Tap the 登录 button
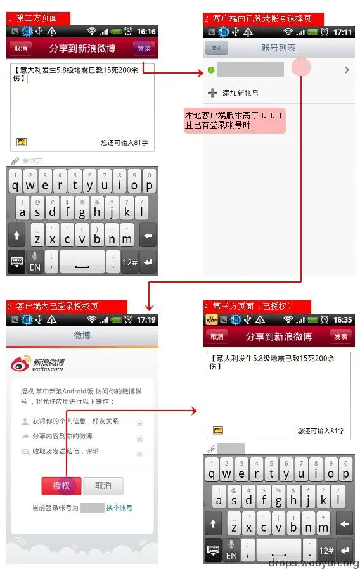click(144, 48)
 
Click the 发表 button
click(340, 336)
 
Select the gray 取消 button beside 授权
click(103, 485)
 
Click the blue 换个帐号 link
click(119, 508)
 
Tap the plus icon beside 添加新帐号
click(212, 93)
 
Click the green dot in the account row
click(210, 70)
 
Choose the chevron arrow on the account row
click(347, 70)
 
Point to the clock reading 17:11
click(343, 32)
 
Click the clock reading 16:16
click(146, 32)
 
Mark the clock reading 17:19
click(146, 320)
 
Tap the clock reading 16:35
click(343, 320)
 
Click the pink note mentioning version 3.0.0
click(233, 120)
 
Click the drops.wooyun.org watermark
click(313, 563)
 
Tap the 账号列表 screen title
click(278, 48)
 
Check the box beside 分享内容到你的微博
click(139, 437)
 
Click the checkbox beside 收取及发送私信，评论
click(139, 452)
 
